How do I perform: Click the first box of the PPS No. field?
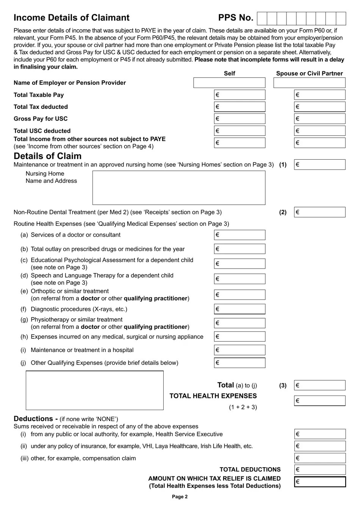[262, 18]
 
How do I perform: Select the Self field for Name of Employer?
[229, 83]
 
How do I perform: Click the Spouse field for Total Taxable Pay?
[319, 95]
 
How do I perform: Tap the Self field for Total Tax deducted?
[239, 107]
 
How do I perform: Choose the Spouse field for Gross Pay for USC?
[319, 119]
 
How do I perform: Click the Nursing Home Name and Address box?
[179, 188]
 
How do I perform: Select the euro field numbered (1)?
[319, 165]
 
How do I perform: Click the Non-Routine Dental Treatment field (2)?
[319, 212]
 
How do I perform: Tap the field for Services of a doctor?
[239, 235]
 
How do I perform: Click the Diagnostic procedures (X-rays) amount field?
[239, 309]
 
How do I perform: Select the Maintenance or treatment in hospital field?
[239, 350]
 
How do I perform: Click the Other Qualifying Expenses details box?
[95, 390]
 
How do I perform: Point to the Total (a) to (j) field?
[319, 385]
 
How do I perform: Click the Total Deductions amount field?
[320, 470]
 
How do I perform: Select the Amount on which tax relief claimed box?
[320, 482]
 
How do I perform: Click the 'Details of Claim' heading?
[47, 156]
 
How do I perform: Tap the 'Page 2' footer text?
[180, 496]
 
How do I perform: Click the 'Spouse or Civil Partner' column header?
[309, 73]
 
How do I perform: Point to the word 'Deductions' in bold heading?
[33, 419]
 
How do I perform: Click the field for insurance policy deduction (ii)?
[320, 446]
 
